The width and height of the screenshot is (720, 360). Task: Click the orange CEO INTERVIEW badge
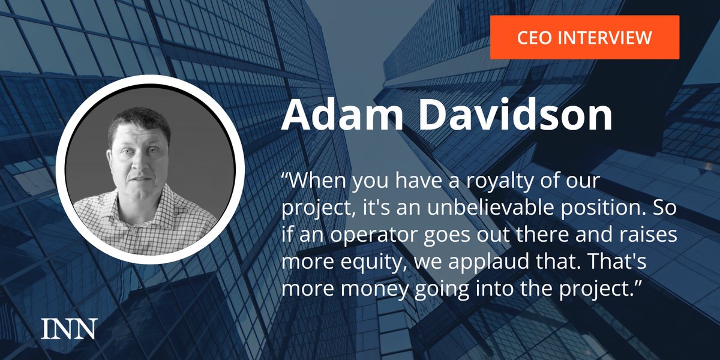click(584, 37)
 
